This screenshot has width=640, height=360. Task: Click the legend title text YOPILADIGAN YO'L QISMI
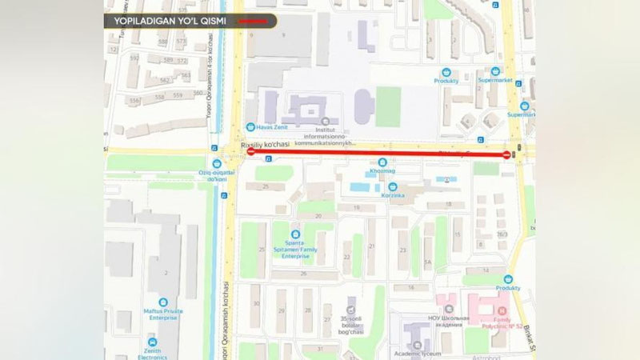[x=169, y=21]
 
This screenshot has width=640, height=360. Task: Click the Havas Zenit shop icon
[x=250, y=126]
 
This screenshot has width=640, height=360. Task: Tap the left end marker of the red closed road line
[x=250, y=151]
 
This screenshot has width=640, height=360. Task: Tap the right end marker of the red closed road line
[x=506, y=154]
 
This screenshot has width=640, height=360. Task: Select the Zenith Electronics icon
[x=152, y=340]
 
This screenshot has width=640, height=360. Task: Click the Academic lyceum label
[x=414, y=350]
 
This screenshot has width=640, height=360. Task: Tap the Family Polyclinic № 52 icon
[x=502, y=306]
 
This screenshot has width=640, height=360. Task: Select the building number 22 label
[x=346, y=257]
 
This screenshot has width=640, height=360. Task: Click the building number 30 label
[x=256, y=303]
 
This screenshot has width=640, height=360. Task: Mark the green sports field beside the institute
[x=388, y=106]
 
